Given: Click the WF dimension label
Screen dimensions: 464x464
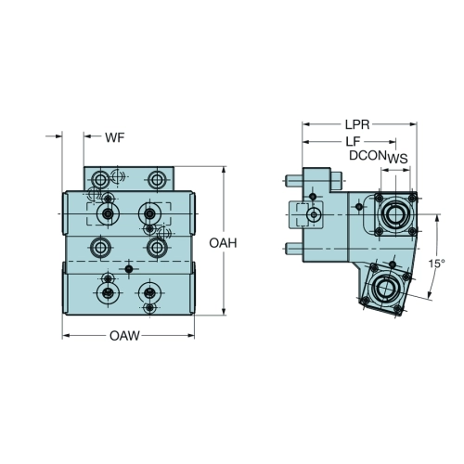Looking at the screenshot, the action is pos(115,137).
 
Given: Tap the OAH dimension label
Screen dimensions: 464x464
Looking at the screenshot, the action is pos(223,243).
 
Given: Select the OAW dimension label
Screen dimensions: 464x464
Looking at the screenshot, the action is pos(124,336).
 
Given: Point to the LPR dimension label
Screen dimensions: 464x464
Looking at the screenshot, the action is pos(357,124).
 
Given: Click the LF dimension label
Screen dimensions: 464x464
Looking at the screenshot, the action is pos(353,142).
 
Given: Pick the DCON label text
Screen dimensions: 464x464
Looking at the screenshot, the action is pos(367,155).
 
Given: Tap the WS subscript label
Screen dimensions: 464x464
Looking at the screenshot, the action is pos(397,159).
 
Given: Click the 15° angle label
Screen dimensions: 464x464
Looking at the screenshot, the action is pos(436,264).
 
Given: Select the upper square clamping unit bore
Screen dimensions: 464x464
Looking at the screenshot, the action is pos(395,214).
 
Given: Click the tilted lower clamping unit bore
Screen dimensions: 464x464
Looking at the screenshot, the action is pos(384,287).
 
